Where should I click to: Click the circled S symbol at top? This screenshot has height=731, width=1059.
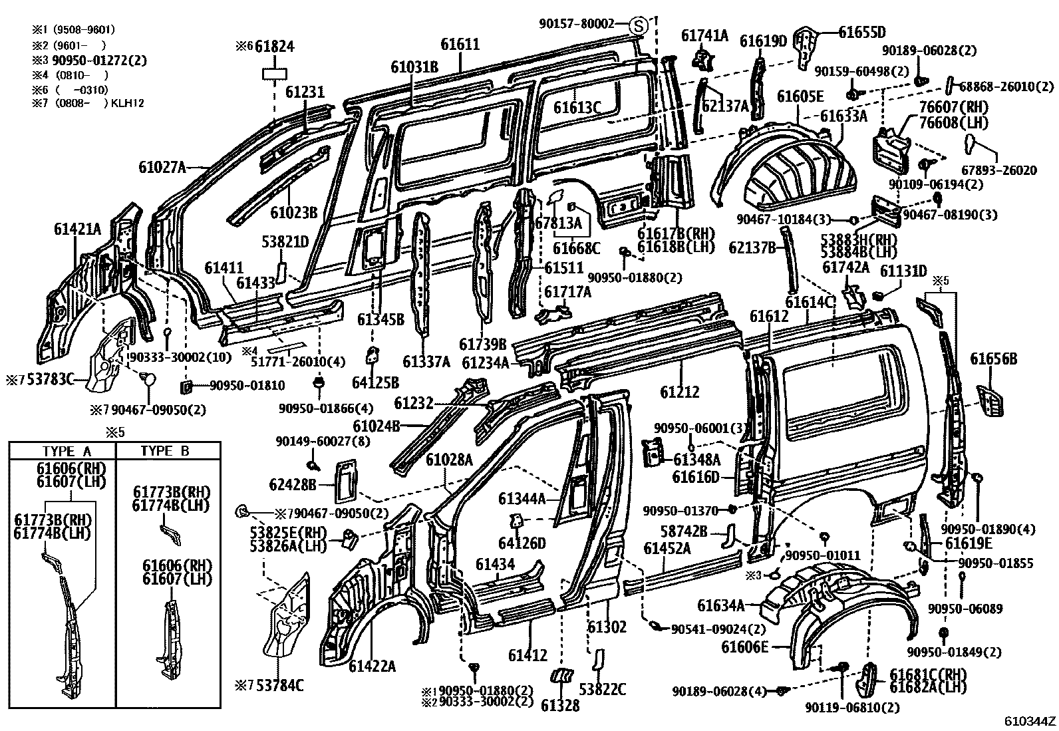[638, 27]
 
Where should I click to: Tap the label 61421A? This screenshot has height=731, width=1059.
[77, 230]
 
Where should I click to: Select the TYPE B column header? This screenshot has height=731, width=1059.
[164, 450]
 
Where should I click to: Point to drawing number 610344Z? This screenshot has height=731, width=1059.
[1030, 721]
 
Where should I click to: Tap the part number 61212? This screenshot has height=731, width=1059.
[679, 392]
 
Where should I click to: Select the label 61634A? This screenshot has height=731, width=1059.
[720, 605]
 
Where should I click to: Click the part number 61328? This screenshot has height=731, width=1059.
[560, 705]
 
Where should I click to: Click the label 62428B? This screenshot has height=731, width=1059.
[293, 484]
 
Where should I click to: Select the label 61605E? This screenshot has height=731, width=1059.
[800, 96]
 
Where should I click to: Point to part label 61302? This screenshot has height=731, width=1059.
[607, 627]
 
